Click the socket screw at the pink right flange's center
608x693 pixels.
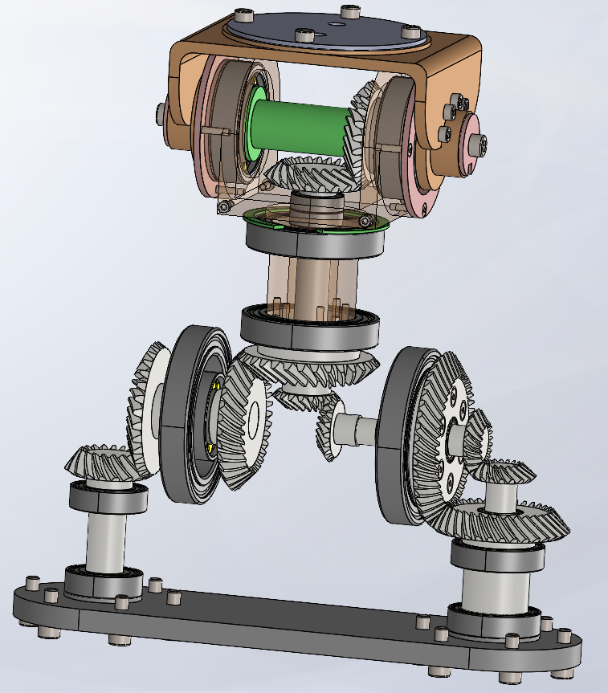pyautogui.click(x=479, y=143)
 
